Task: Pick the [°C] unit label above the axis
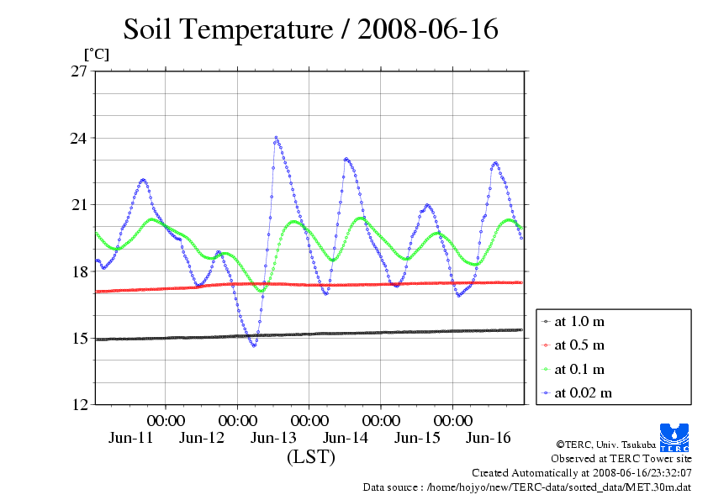[x=96, y=54]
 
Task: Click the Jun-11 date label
[x=131, y=438]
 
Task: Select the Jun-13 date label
[x=274, y=438]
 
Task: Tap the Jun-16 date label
[x=489, y=438]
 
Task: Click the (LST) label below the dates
[x=311, y=458]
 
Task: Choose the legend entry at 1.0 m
[x=579, y=322]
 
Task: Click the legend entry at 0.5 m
[x=579, y=345]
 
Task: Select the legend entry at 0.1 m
[x=579, y=369]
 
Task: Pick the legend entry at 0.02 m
[x=582, y=392]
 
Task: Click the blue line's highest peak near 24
[x=276, y=138]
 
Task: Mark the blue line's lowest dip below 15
[x=254, y=345]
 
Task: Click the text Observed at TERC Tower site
[x=621, y=459]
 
